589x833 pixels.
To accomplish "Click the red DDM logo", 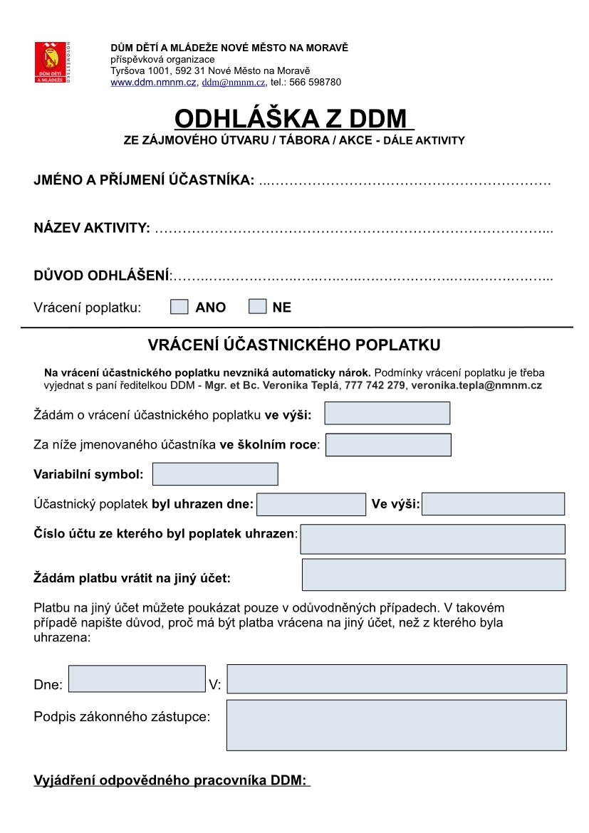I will point(51,63).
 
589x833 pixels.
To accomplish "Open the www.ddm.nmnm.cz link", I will point(153,83).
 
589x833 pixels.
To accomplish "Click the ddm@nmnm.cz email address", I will point(234,83).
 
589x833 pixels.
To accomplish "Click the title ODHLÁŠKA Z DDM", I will point(294,117).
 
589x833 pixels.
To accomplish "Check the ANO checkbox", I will point(180,307).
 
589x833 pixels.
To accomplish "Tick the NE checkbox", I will point(257,307).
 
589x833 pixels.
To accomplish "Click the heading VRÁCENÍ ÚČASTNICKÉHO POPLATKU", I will point(294,345).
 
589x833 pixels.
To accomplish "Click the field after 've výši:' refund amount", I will point(387,413).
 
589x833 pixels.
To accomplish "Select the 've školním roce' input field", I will point(388,445).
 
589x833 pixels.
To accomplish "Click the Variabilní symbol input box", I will point(215,474).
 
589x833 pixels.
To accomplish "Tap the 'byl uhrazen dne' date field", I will point(311,504).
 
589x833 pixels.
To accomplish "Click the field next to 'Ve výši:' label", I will point(493,504).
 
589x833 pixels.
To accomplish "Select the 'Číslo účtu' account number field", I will point(432,539).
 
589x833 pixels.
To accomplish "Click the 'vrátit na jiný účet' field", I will point(434,575).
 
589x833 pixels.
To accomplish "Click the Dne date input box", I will point(137,679).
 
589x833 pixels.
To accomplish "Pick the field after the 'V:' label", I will point(397,679).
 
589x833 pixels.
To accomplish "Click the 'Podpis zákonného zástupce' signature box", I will point(397,725).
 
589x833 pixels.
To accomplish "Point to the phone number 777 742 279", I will point(375,385).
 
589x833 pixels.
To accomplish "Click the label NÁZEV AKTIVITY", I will point(92,228).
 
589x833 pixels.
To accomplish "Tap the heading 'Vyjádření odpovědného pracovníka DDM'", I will point(171,781).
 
